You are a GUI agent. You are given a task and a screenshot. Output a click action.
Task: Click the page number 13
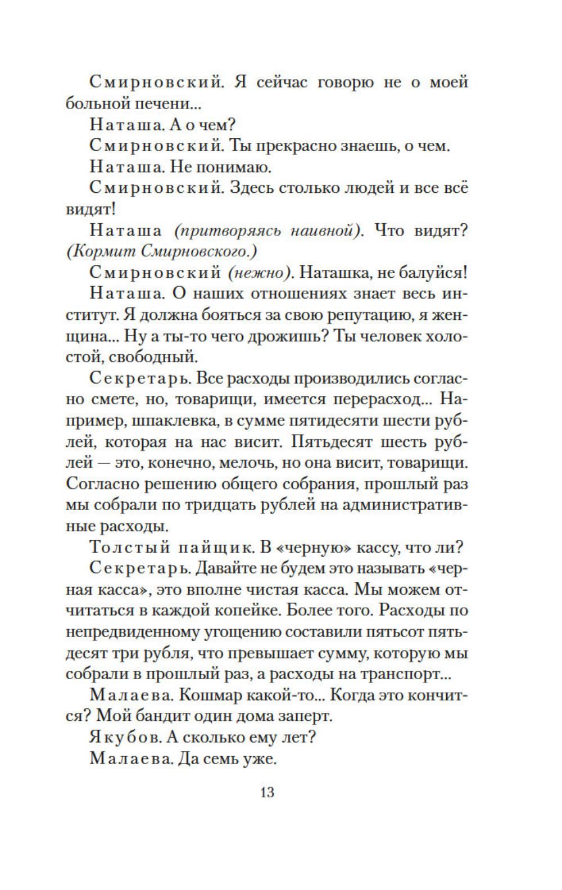point(267,792)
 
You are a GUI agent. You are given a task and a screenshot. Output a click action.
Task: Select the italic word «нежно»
point(259,273)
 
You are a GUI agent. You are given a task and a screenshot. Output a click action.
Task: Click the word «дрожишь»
point(288,336)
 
